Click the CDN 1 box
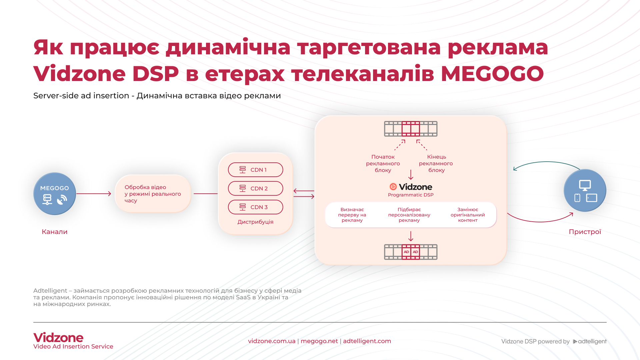[255, 170]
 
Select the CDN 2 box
[255, 188]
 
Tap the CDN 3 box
[255, 207]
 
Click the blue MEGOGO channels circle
[55, 194]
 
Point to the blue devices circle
[585, 190]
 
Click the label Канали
[55, 232]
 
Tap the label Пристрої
[585, 232]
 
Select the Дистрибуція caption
[255, 222]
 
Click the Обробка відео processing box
[153, 194]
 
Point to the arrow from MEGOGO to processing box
[94, 194]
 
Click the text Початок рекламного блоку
[383, 163]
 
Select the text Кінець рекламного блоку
[436, 163]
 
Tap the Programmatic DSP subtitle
[411, 195]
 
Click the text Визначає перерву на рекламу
[352, 215]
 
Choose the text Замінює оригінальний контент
[468, 215]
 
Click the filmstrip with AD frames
[411, 252]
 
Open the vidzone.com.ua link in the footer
[272, 341]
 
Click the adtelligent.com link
[367, 341]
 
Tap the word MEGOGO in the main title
[492, 74]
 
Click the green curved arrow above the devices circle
[547, 162]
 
